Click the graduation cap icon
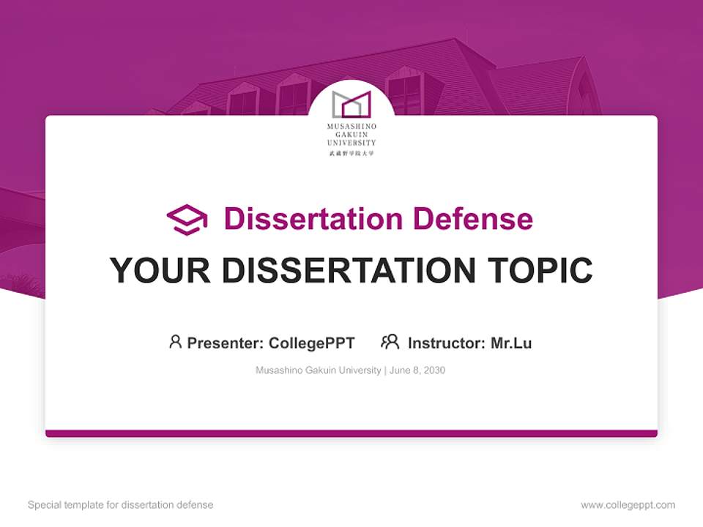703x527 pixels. pos(187,220)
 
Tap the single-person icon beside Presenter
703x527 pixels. pos(175,342)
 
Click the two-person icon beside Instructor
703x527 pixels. pos(390,342)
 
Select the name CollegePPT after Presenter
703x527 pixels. pos(312,343)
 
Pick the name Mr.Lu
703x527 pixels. pos(511,343)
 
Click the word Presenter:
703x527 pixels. pos(226,343)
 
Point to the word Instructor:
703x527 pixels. pos(447,343)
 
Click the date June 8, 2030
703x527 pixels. pos(417,370)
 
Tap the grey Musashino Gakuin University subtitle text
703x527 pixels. pos(318,370)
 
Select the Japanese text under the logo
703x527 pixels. pos(351,153)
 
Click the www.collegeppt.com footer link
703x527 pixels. pos(628,505)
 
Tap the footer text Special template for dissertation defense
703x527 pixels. pos(120,505)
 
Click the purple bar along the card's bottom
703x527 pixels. pos(351,433)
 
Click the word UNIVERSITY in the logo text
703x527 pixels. pos(351,143)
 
